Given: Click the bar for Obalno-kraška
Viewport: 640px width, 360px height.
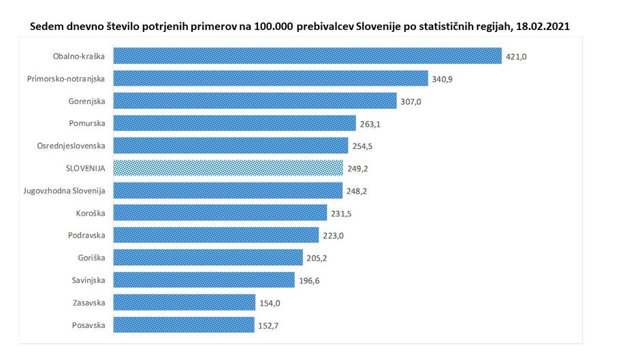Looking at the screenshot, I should pos(306,56).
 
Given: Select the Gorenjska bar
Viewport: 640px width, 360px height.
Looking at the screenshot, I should pos(255,101).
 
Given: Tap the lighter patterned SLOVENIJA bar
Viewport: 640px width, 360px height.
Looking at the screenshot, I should pos(227,167).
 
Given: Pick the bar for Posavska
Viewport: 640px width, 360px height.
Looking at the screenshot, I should pos(184,325).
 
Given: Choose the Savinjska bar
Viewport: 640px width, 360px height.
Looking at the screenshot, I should pos(204,280).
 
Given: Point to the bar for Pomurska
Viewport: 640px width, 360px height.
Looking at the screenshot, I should pos(234,123).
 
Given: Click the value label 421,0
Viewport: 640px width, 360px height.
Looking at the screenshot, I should pos(516,56).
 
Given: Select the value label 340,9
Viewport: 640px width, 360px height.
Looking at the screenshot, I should pos(443,79).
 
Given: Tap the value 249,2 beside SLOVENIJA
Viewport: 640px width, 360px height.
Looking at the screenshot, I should pos(357,168).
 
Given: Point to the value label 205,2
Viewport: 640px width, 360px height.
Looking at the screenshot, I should pos(317,258).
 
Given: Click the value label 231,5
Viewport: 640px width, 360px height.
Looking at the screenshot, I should pos(341,214).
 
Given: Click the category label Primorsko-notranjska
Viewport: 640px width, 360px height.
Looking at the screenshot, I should pos(66,78).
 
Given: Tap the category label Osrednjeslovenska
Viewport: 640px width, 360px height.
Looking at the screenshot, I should pos(71,146).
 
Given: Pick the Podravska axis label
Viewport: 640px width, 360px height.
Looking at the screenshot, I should pos(86,235).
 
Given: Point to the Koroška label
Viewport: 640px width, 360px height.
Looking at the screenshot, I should pos(91,213).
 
